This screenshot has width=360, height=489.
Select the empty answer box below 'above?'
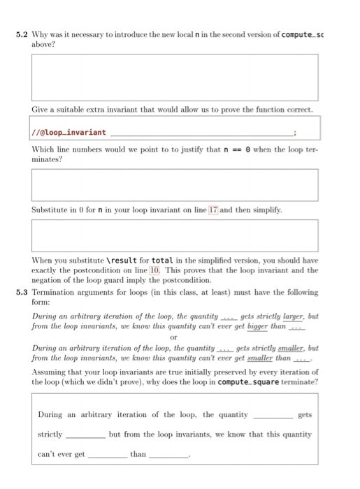[174, 77]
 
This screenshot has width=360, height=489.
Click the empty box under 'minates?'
[174, 184]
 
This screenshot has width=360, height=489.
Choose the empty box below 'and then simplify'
[174, 235]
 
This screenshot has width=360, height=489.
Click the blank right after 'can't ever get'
[108, 454]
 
